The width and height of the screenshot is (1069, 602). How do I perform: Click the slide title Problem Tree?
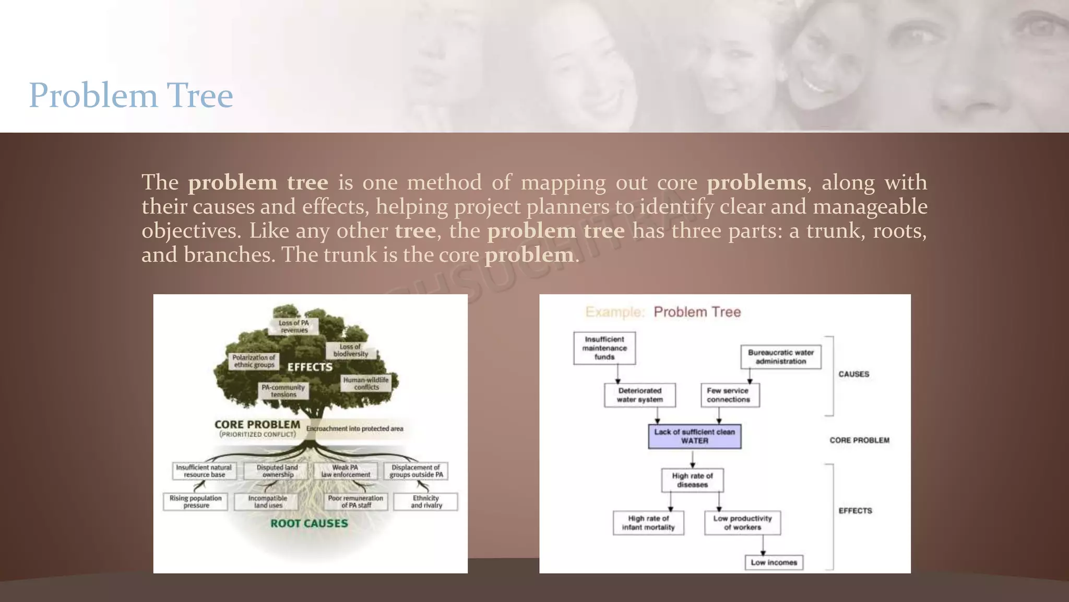(130, 96)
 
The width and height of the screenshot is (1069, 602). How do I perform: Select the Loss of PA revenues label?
(294, 327)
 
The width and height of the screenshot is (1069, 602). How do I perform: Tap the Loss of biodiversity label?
(351, 350)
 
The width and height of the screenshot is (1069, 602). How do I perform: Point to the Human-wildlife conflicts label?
(366, 384)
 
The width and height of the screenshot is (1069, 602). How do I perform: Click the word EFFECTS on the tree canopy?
(310, 367)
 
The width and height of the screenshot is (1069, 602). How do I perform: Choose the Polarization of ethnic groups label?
(254, 361)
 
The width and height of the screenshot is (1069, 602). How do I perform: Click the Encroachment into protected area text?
(354, 429)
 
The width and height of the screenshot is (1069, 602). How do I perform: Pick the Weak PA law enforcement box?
(346, 471)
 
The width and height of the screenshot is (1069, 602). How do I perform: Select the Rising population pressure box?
(196, 502)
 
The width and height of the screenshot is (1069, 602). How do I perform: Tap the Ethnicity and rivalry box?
(426, 502)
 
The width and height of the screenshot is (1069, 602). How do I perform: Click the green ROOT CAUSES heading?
(309, 523)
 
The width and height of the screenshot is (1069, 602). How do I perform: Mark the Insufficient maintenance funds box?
(604, 348)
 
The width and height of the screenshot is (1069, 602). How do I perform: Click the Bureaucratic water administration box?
(781, 357)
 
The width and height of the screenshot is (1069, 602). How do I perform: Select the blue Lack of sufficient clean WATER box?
(695, 436)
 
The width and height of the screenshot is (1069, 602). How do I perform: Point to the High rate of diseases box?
(693, 480)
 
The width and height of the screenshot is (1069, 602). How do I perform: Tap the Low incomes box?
(774, 562)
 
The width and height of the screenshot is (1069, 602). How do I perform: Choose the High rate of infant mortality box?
(648, 523)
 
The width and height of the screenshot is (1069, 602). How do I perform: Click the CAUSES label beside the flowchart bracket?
(854, 374)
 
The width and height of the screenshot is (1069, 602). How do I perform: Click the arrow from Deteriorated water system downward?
(657, 415)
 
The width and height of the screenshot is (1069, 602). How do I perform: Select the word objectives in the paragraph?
(187, 230)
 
